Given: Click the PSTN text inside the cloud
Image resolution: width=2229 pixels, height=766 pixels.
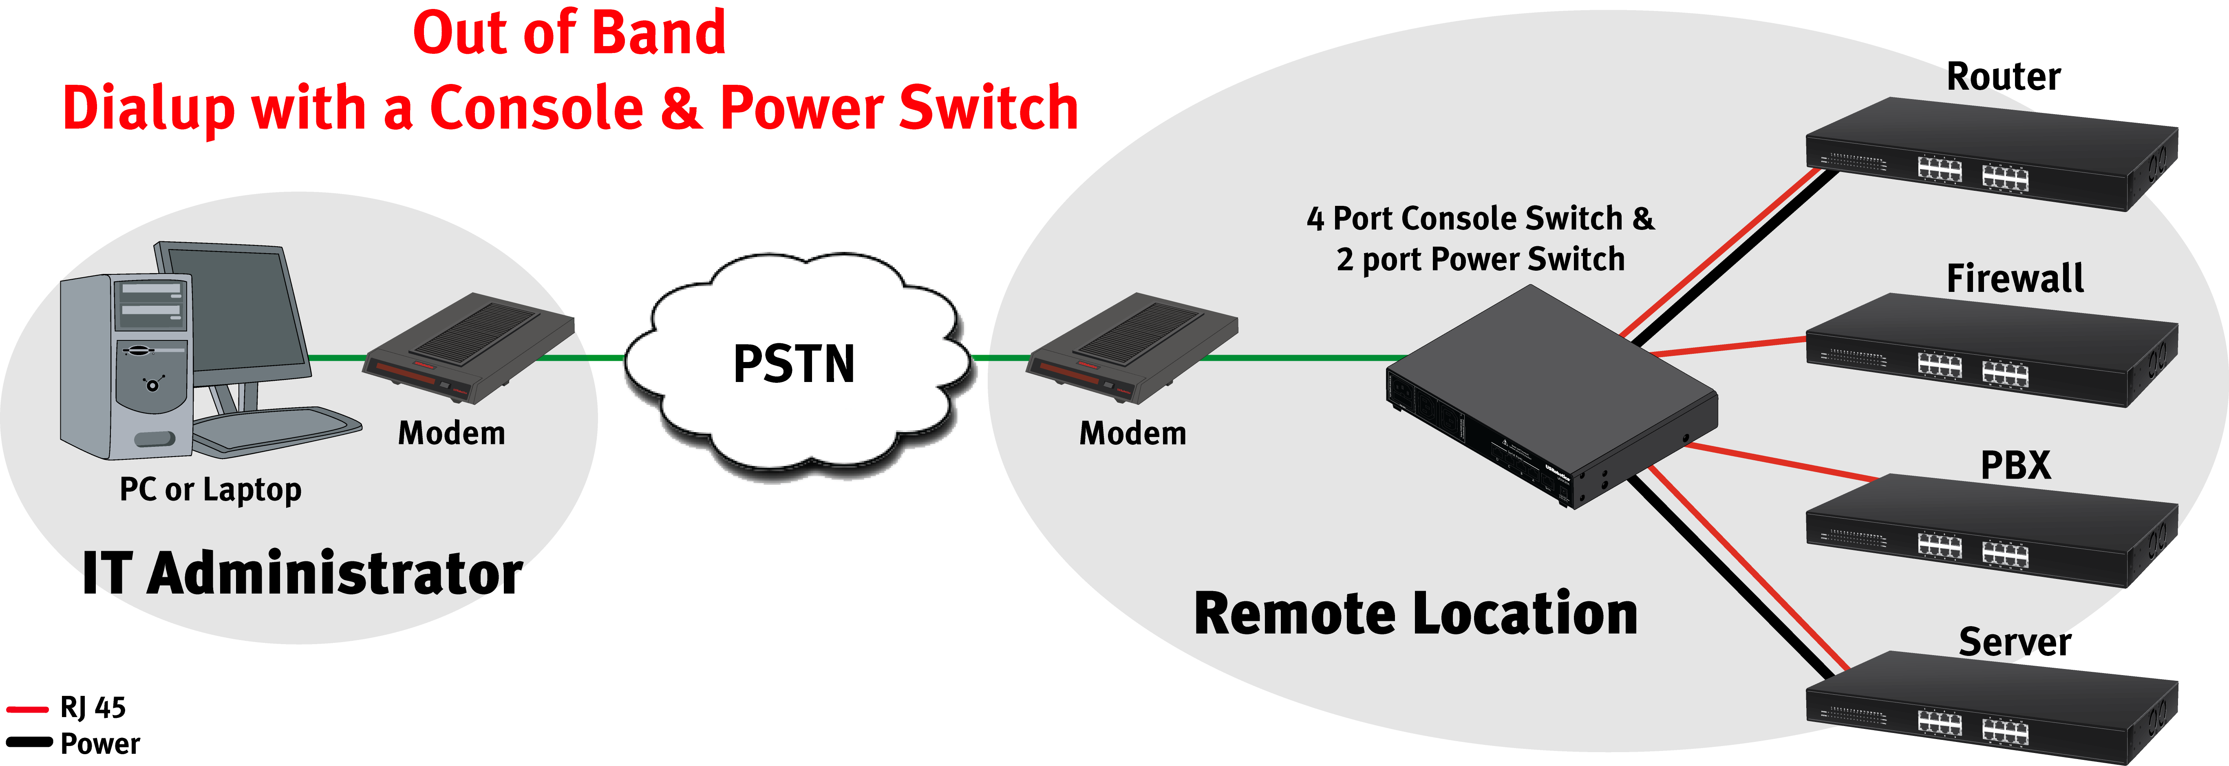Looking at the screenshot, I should click(x=793, y=364).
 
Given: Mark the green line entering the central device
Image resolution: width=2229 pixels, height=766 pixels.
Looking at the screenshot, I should click(x=1315, y=357).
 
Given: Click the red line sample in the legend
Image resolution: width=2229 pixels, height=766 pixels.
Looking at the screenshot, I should click(x=33, y=710).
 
